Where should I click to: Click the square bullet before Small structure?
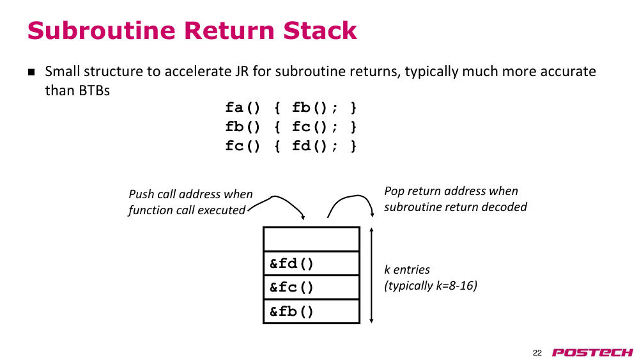(x=31, y=72)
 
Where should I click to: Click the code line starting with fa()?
(x=291, y=108)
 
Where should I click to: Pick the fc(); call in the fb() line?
(x=314, y=127)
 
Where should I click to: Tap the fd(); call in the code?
(x=314, y=146)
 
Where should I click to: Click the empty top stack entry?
(x=311, y=239)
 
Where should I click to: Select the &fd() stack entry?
(x=311, y=263)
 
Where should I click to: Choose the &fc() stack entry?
(x=311, y=288)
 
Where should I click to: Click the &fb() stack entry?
(x=311, y=311)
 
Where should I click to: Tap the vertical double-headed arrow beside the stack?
(x=371, y=276)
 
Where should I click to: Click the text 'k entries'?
(x=406, y=270)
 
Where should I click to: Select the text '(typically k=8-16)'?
(x=430, y=285)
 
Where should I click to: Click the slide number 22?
(x=537, y=353)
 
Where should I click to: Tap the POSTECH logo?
(x=592, y=352)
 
